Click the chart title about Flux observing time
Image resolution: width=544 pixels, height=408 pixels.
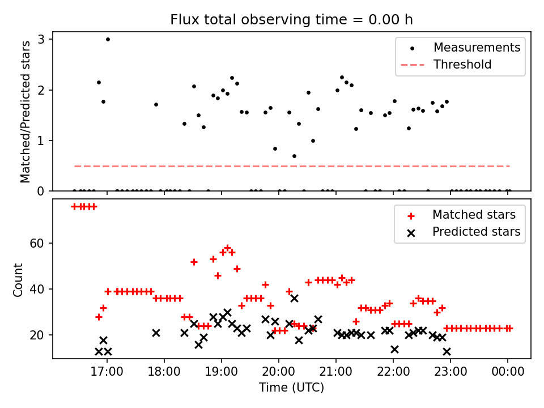pyautogui.click(x=291, y=20)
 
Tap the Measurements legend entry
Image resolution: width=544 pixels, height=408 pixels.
pyautogui.click(x=477, y=48)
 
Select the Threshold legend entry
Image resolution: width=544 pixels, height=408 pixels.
pyautogui.click(x=462, y=65)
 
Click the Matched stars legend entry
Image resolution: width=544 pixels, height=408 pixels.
pyautogui.click(x=474, y=215)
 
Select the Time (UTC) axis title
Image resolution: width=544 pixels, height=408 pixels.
pyautogui.click(x=291, y=388)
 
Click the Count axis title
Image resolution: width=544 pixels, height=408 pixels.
pyautogui.click(x=18, y=279)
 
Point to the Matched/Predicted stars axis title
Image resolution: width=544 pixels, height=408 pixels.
pyautogui.click(x=25, y=112)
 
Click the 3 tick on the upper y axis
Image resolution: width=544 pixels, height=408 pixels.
pyautogui.click(x=42, y=39)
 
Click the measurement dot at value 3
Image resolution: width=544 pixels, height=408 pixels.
pyautogui.click(x=108, y=39)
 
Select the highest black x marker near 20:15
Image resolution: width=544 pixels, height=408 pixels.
pyautogui.click(x=294, y=298)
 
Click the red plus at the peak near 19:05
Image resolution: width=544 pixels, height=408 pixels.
pyautogui.click(x=227, y=248)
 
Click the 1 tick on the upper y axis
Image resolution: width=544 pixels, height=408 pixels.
pyautogui.click(x=42, y=141)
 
